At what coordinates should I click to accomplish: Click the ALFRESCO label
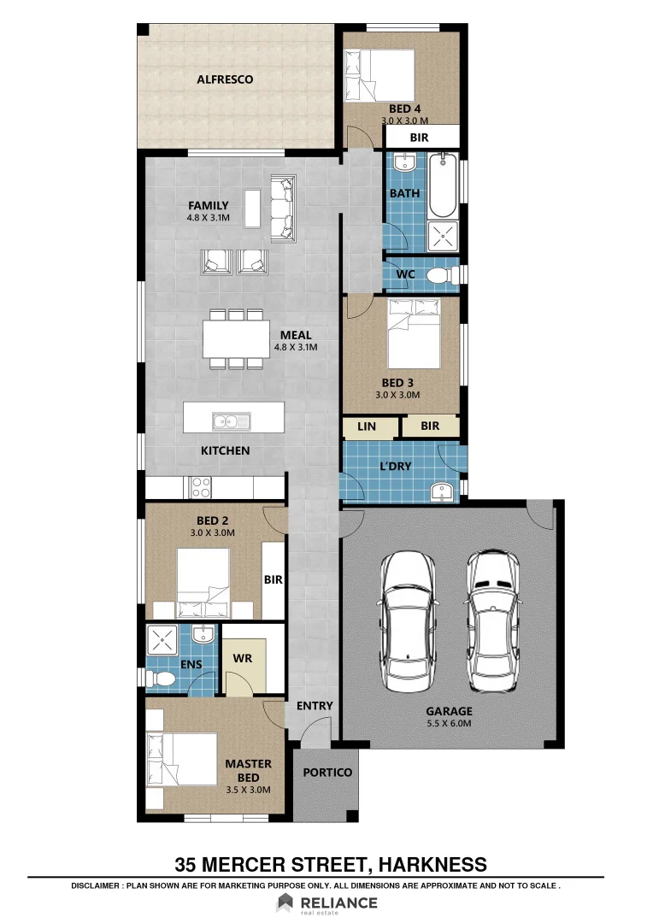click(x=225, y=79)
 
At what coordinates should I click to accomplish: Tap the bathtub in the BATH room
click(x=443, y=185)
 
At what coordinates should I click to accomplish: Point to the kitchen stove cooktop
click(x=200, y=487)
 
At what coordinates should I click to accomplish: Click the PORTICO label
click(x=328, y=772)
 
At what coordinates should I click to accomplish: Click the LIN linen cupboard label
click(x=367, y=426)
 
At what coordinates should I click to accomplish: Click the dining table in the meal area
click(x=233, y=338)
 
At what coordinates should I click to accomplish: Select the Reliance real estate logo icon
click(x=285, y=902)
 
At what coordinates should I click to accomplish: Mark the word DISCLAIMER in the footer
click(x=101, y=886)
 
